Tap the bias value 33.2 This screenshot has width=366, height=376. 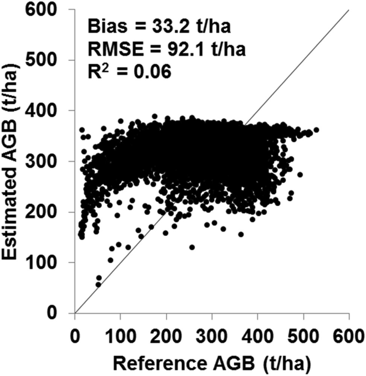click(x=153, y=27)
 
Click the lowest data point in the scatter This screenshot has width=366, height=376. click(x=98, y=285)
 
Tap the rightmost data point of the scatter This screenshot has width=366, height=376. click(x=316, y=130)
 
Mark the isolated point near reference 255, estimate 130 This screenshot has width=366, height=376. click(x=192, y=247)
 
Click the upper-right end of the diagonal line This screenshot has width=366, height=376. click(x=349, y=10)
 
